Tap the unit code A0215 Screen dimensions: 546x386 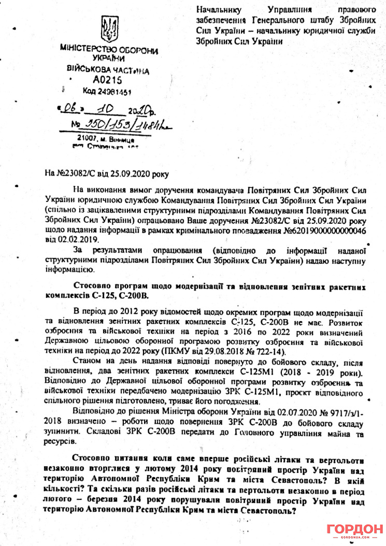coord(108,80)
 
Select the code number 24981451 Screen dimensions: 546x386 coord(114,92)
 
